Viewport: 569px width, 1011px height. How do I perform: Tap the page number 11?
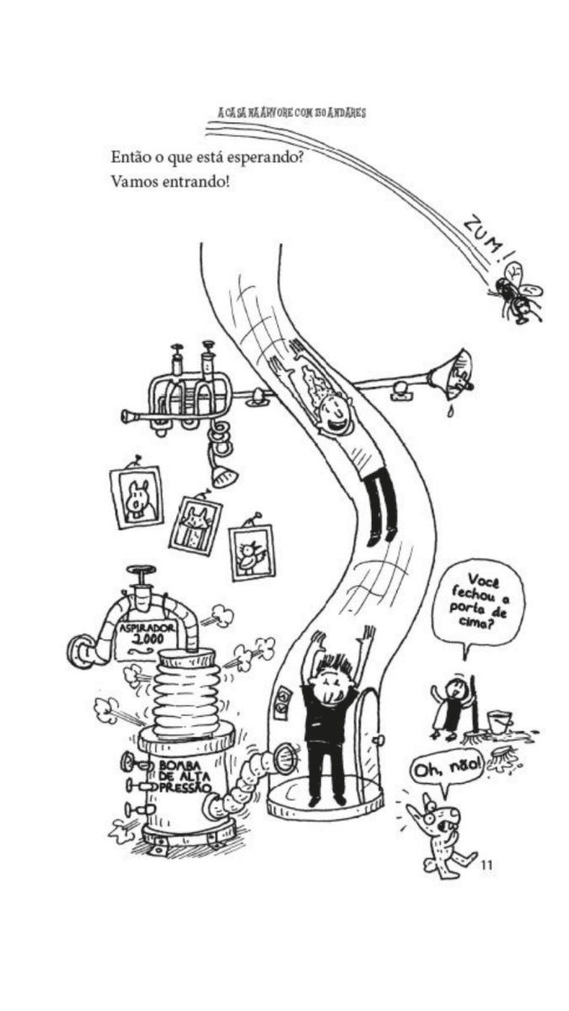tap(487, 865)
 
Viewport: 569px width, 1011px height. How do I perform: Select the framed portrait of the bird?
tap(251, 551)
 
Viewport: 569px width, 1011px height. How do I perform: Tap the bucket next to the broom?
tap(500, 721)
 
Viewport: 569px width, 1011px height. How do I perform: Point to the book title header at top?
tap(292, 113)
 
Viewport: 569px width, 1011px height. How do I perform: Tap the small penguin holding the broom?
tap(448, 709)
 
